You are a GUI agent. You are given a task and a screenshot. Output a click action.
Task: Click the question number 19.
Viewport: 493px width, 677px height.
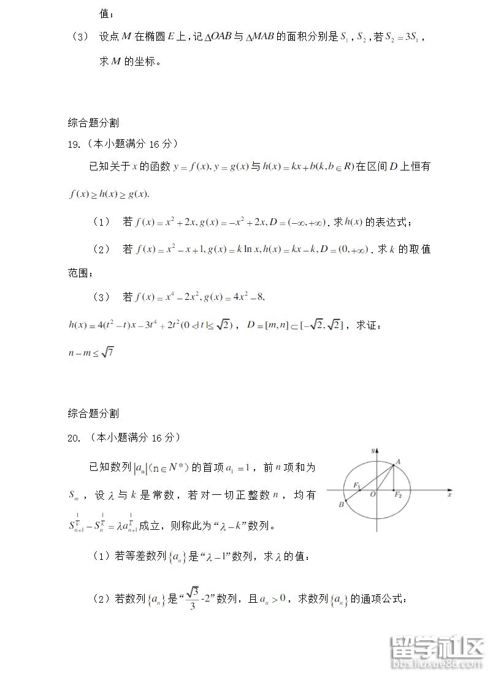click(x=74, y=145)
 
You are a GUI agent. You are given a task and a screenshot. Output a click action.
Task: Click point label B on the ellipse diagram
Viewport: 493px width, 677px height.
click(x=341, y=505)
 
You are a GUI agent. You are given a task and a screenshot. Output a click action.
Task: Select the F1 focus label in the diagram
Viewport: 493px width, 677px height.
click(x=357, y=486)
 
